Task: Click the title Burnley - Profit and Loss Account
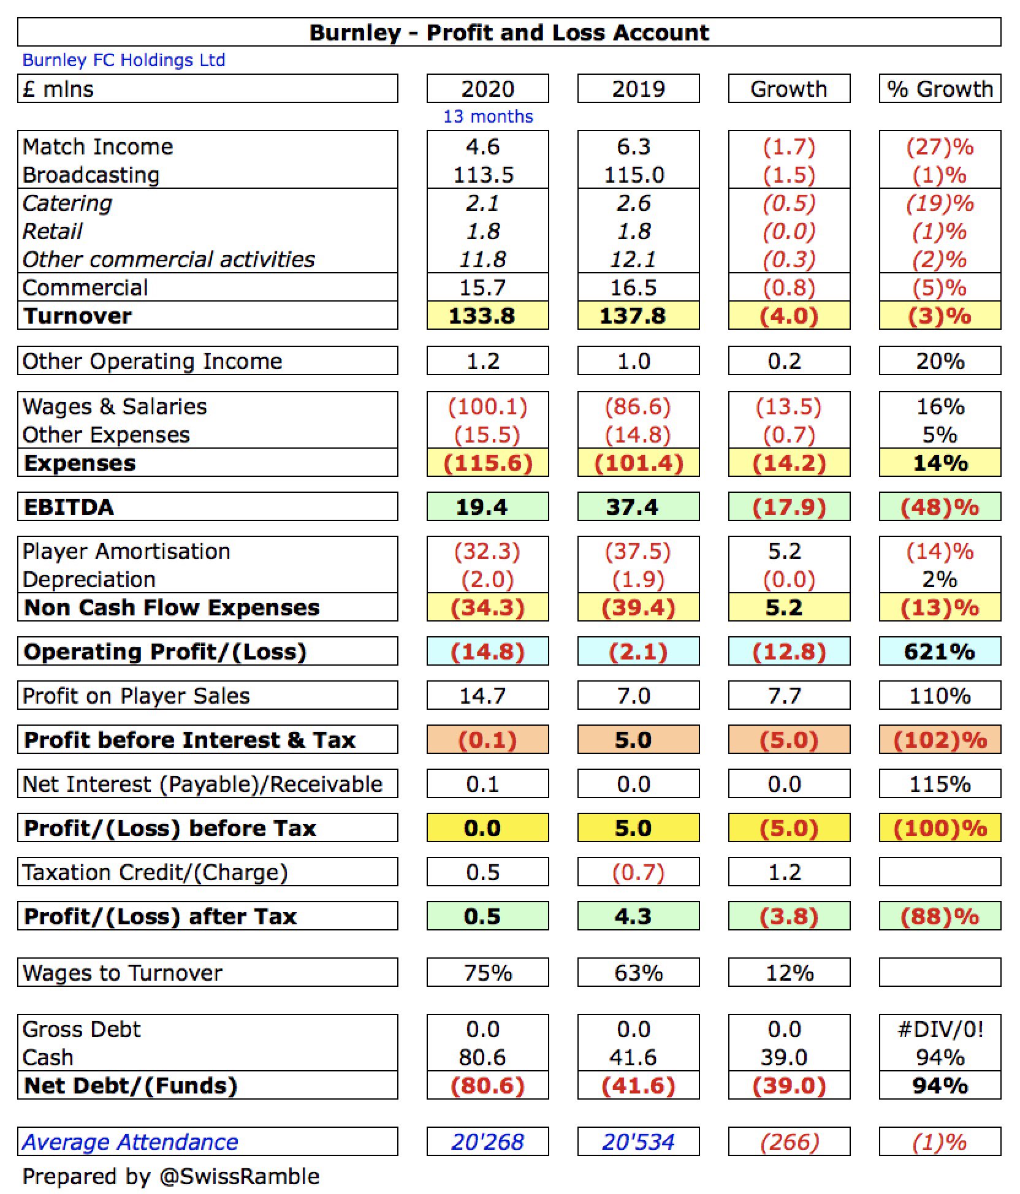click(x=509, y=32)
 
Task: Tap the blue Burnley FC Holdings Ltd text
click(x=124, y=60)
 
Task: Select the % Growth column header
click(x=940, y=89)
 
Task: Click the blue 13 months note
click(x=488, y=116)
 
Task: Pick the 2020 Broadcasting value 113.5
click(x=483, y=175)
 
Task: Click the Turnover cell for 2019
click(x=638, y=316)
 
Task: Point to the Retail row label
click(x=53, y=232)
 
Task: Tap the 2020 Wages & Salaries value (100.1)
click(x=487, y=407)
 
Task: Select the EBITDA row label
click(x=69, y=508)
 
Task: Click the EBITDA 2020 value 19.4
click(x=482, y=508)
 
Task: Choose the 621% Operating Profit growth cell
click(x=940, y=652)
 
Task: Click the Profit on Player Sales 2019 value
click(x=634, y=696)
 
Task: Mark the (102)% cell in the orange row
click(x=940, y=740)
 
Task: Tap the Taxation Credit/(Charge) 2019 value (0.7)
click(x=638, y=873)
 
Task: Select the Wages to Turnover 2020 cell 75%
click(x=488, y=973)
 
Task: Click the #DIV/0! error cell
click(x=940, y=1030)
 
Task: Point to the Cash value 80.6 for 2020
click(x=483, y=1058)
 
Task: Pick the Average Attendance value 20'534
click(x=638, y=1143)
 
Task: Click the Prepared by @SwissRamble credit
click(x=171, y=1177)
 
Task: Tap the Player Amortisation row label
click(x=126, y=552)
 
